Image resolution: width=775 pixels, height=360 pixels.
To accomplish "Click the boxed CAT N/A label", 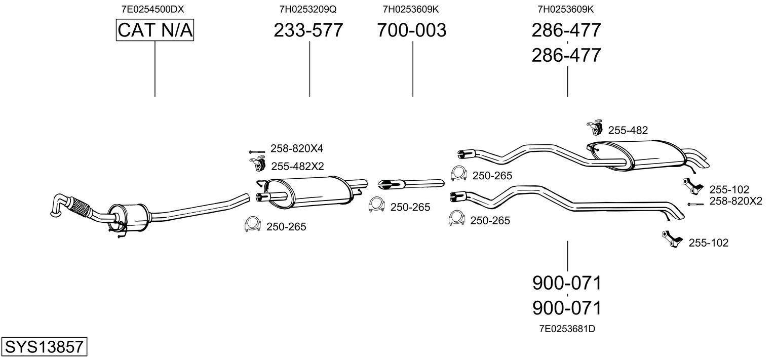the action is [x=154, y=30].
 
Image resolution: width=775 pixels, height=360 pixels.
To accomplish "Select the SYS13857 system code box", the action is [x=44, y=346].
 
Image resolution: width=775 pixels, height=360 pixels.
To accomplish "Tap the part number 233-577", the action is [x=308, y=30].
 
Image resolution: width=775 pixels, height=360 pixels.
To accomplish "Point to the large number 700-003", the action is [x=412, y=30].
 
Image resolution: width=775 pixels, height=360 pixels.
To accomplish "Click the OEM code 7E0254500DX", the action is [x=152, y=9].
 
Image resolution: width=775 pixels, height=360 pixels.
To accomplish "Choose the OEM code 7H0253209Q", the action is [x=308, y=9].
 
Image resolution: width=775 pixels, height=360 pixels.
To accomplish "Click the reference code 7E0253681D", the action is [x=567, y=329].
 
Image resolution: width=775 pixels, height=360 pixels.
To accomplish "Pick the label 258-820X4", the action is [x=297, y=148].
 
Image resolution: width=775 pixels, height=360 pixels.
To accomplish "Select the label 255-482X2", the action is [x=297, y=167].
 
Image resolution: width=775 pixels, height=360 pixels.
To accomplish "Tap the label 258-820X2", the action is [x=736, y=201].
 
